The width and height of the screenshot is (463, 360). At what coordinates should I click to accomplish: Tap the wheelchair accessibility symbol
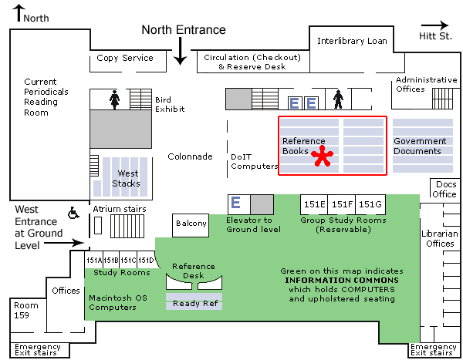pyautogui.click(x=75, y=212)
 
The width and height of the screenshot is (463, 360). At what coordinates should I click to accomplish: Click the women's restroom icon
pyautogui.click(x=115, y=98)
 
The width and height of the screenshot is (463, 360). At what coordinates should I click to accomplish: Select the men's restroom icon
pyautogui.click(x=337, y=100)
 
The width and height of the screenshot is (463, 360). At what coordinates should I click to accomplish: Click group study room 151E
pyautogui.click(x=314, y=204)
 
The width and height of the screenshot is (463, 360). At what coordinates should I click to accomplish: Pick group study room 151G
pyautogui.click(x=370, y=204)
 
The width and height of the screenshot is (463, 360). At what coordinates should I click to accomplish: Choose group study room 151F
pyautogui.click(x=342, y=204)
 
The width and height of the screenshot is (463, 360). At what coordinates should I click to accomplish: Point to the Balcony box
pyautogui.click(x=191, y=224)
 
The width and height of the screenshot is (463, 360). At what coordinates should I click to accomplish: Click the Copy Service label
pyautogui.click(x=125, y=58)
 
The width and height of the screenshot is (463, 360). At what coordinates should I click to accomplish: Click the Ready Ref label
pyautogui.click(x=194, y=304)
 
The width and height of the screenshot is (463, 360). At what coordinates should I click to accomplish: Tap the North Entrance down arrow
pyautogui.click(x=180, y=52)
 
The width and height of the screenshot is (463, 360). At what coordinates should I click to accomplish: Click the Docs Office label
pyautogui.click(x=446, y=189)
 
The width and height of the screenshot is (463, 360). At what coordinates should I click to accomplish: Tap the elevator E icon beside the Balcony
pyautogui.click(x=237, y=204)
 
